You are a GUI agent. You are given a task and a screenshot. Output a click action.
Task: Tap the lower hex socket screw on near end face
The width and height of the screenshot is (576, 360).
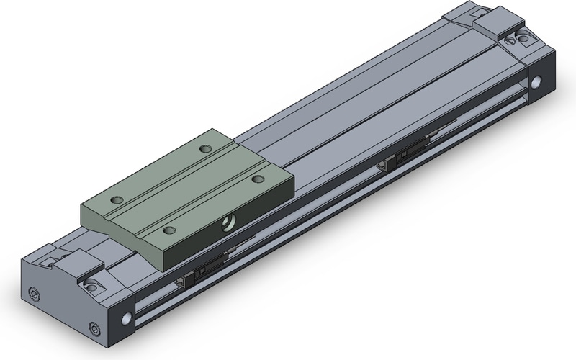[95, 330]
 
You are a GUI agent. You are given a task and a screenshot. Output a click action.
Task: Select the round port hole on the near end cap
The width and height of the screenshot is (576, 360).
[128, 318]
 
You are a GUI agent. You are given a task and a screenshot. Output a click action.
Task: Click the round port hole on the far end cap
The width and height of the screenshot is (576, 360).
[536, 84]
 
